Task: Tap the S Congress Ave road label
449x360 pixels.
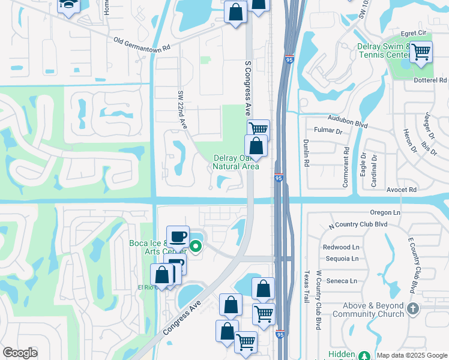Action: point(247,86)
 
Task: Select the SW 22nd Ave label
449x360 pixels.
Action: point(181,109)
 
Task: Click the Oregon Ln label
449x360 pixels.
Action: point(385,212)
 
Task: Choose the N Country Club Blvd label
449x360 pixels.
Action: point(358,225)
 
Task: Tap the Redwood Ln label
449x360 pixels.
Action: point(340,247)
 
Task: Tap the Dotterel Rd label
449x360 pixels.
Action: point(430,80)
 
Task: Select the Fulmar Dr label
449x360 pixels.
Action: point(328,130)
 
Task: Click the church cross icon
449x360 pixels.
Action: point(412,308)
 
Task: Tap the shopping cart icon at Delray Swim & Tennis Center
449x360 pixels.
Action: point(421,52)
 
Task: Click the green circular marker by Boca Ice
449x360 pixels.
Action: point(196,245)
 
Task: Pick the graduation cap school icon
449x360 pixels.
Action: point(69,5)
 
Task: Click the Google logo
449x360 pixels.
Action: point(20,353)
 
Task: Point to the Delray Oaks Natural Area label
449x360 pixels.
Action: point(237,162)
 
